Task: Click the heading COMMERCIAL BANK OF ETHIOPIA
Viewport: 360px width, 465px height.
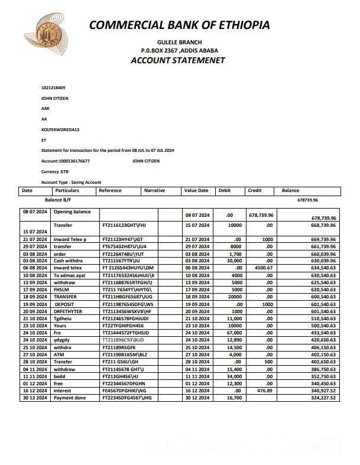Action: [179, 25]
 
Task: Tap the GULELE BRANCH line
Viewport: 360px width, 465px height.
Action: [179, 42]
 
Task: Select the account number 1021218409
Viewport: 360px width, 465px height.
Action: [53, 87]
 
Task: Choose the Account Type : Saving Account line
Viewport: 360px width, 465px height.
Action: [71, 182]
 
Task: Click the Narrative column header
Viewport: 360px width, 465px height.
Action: [155, 191]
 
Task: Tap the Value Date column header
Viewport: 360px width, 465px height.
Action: [196, 191]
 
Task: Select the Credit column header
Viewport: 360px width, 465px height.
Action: [255, 191]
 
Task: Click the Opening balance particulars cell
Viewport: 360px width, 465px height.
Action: [72, 212]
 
